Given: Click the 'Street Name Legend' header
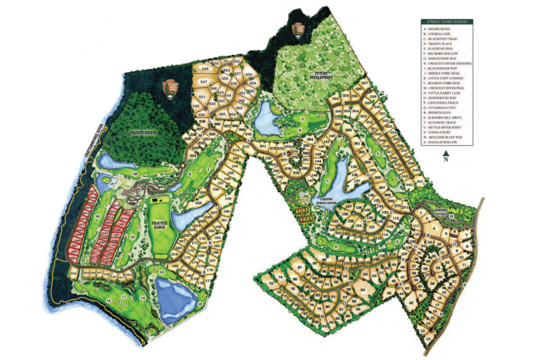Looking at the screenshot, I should coord(447,22).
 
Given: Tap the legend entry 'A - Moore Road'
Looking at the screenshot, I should coord(437,29).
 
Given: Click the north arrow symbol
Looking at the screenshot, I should coord(445,154).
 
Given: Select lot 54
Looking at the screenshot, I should coord(364,291).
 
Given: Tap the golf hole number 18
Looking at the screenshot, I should coord(135,174).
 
